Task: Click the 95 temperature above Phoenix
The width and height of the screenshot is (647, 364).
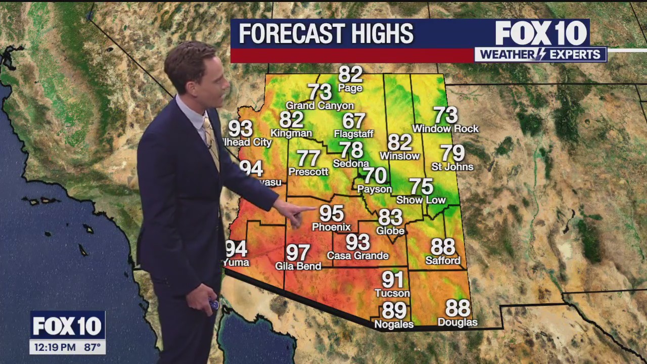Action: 332,213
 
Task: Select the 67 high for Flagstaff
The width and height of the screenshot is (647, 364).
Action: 353,121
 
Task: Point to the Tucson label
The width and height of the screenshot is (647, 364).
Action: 392,293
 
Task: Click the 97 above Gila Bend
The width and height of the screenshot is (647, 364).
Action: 298,252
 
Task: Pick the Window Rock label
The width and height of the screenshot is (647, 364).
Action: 445,129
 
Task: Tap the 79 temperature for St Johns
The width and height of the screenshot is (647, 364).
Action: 452,153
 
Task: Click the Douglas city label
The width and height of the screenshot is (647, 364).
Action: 457,322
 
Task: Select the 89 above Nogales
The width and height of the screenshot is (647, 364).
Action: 394,310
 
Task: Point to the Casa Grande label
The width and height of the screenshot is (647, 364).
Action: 357,256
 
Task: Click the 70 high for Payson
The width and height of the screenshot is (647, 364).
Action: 375,176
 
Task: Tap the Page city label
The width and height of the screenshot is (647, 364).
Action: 350,88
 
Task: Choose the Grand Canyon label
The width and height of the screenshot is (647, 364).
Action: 320,106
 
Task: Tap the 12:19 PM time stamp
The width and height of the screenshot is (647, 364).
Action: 54,347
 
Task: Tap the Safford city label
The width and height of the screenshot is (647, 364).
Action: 443,261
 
